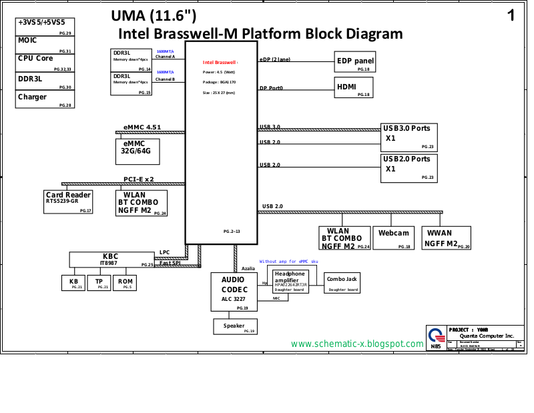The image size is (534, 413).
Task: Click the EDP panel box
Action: point(354,62)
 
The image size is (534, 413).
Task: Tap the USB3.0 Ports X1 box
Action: point(409,136)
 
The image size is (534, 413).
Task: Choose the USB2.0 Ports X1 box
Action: point(409,167)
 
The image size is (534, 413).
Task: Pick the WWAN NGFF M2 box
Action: point(446,238)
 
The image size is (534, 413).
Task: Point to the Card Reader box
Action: point(69,201)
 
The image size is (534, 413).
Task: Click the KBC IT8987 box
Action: point(111,260)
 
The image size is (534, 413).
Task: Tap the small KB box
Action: point(73,283)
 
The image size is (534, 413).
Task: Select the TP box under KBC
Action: point(99,283)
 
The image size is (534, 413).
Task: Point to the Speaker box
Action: point(234,326)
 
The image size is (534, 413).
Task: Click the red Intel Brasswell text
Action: point(220,63)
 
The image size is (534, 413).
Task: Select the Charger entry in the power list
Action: point(44,99)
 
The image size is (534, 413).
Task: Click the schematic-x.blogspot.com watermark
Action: point(357,344)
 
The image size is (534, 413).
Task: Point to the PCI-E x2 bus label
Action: point(139,179)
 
